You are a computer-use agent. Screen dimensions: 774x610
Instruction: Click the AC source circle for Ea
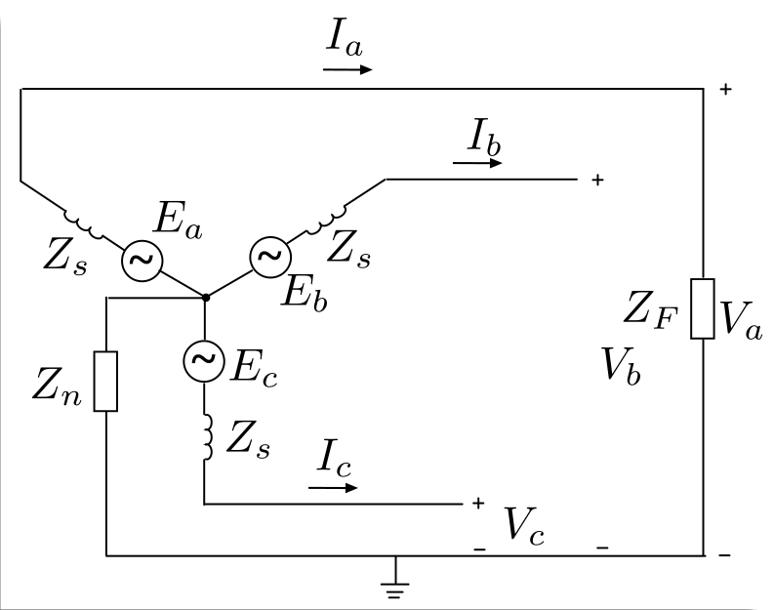(143, 261)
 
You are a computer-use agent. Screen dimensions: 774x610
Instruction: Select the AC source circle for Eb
(270, 257)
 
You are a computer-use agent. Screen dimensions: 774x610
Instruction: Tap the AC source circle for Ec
(204, 361)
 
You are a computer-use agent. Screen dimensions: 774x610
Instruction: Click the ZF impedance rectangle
(703, 309)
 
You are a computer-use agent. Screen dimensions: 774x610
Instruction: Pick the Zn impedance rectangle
(105, 381)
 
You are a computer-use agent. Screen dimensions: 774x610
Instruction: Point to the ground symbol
(395, 578)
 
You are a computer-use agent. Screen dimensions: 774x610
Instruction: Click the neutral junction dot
(206, 297)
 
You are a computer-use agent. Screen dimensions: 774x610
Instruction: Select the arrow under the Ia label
(347, 69)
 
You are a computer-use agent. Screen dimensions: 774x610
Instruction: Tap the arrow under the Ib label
(477, 162)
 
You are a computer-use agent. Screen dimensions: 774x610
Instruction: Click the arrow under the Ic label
(333, 488)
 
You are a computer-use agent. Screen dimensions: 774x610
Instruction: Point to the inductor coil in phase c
(208, 437)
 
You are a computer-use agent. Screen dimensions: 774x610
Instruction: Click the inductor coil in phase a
(83, 224)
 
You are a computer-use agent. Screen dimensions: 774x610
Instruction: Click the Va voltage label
(741, 320)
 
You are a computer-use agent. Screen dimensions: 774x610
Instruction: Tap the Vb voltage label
(622, 365)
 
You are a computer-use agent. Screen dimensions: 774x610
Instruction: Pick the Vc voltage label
(524, 526)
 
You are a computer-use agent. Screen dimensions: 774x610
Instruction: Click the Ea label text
(179, 221)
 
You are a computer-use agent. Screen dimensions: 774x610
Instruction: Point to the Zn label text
(57, 386)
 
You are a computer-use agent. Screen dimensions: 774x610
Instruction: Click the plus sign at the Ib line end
(597, 180)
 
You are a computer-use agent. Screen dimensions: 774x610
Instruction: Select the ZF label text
(651, 310)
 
